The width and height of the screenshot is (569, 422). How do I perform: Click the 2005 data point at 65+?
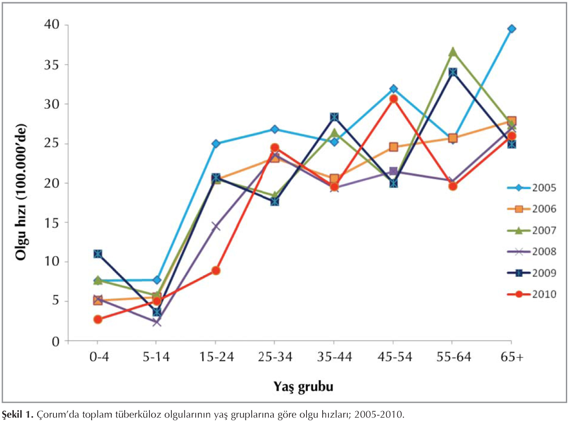[512, 29]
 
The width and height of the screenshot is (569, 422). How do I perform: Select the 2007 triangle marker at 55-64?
[453, 52]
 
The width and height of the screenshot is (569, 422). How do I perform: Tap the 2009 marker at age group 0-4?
[97, 254]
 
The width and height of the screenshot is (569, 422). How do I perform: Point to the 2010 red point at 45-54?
[394, 99]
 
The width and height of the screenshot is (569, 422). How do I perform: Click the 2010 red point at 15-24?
[216, 271]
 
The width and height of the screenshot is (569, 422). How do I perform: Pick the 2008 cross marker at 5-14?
[157, 322]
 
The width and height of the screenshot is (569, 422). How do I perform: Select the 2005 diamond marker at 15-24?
[216, 144]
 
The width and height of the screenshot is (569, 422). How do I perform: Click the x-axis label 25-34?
[275, 357]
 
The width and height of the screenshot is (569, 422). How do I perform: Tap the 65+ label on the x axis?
[512, 357]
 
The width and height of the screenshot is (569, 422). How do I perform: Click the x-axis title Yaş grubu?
[303, 386]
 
